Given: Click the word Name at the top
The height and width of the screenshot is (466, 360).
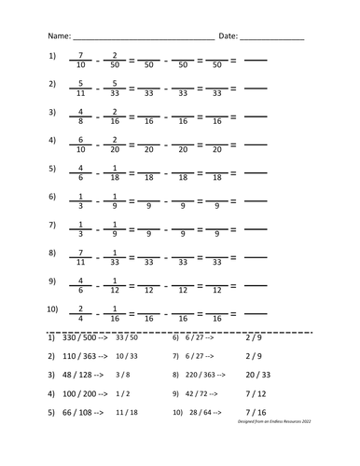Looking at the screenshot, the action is point(59,36).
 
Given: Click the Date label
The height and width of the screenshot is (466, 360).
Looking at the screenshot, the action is point(228,36).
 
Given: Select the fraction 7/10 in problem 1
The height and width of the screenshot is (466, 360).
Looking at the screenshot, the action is point(83,62).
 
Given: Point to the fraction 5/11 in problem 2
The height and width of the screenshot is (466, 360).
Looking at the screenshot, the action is point(83,89).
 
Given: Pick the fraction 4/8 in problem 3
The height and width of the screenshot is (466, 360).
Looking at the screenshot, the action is point(83,117).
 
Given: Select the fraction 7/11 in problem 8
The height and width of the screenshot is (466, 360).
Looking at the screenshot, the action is point(83,258).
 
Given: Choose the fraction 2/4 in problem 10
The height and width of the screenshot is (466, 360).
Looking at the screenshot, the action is point(83,314).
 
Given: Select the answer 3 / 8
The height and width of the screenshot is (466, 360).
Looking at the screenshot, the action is point(122,375).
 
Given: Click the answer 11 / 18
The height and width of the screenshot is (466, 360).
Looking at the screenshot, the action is point(127,411).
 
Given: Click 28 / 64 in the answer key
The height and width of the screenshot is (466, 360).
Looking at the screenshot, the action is point(205,411).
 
